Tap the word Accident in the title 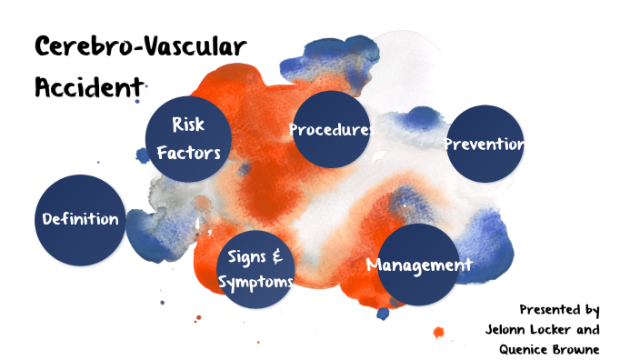coord(89,87)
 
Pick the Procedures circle coord(331,128)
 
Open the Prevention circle coord(485,144)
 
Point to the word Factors coord(189,152)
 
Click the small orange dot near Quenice coord(439,333)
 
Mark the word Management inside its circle coord(419,265)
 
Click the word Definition coord(80,219)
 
